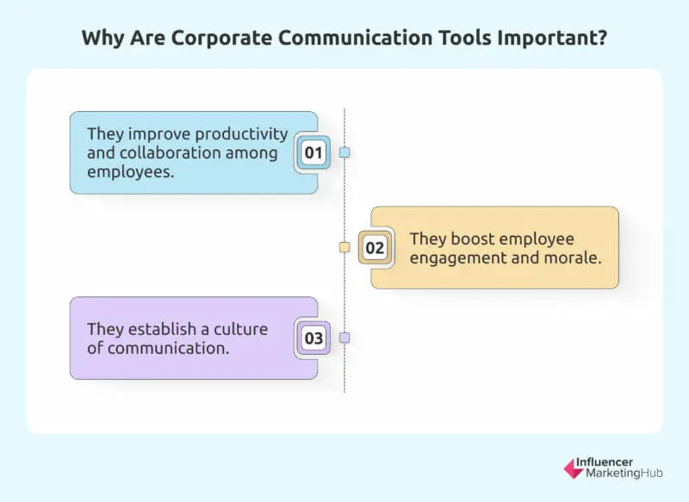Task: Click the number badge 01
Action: click(x=313, y=153)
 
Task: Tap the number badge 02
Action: click(x=375, y=248)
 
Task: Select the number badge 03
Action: click(x=313, y=338)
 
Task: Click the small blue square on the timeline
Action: click(x=344, y=152)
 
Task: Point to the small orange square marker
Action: click(x=344, y=247)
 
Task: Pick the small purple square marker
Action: click(x=344, y=338)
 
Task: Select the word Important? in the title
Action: click(x=560, y=39)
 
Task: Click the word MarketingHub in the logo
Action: click(x=629, y=474)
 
